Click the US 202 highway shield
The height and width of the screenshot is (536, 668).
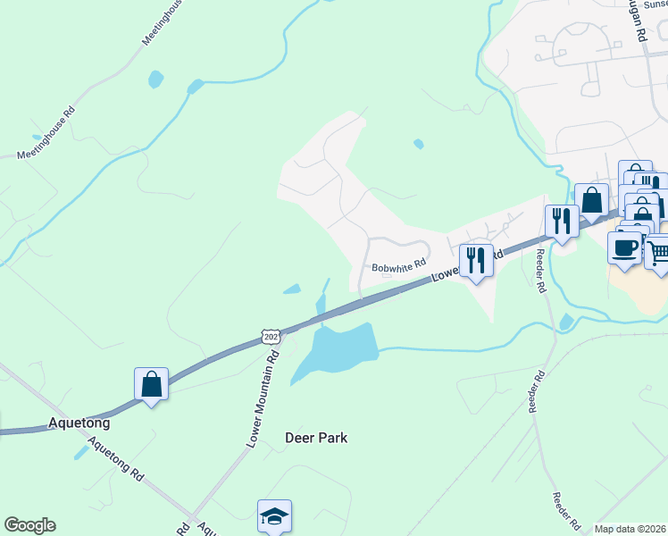(x=271, y=337)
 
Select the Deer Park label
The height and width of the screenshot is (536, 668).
(x=315, y=438)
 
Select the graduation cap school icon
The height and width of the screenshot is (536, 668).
(x=275, y=515)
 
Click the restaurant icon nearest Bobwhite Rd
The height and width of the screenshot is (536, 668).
(x=476, y=261)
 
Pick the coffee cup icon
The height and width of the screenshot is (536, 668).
(x=623, y=247)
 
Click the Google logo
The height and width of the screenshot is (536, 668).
(x=29, y=525)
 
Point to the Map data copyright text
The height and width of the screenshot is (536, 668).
(x=630, y=529)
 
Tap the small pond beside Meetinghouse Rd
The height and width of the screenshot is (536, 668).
(x=155, y=79)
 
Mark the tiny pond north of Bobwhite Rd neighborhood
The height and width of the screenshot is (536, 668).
(x=418, y=143)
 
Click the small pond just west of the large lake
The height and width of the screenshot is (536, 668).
(x=291, y=289)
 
